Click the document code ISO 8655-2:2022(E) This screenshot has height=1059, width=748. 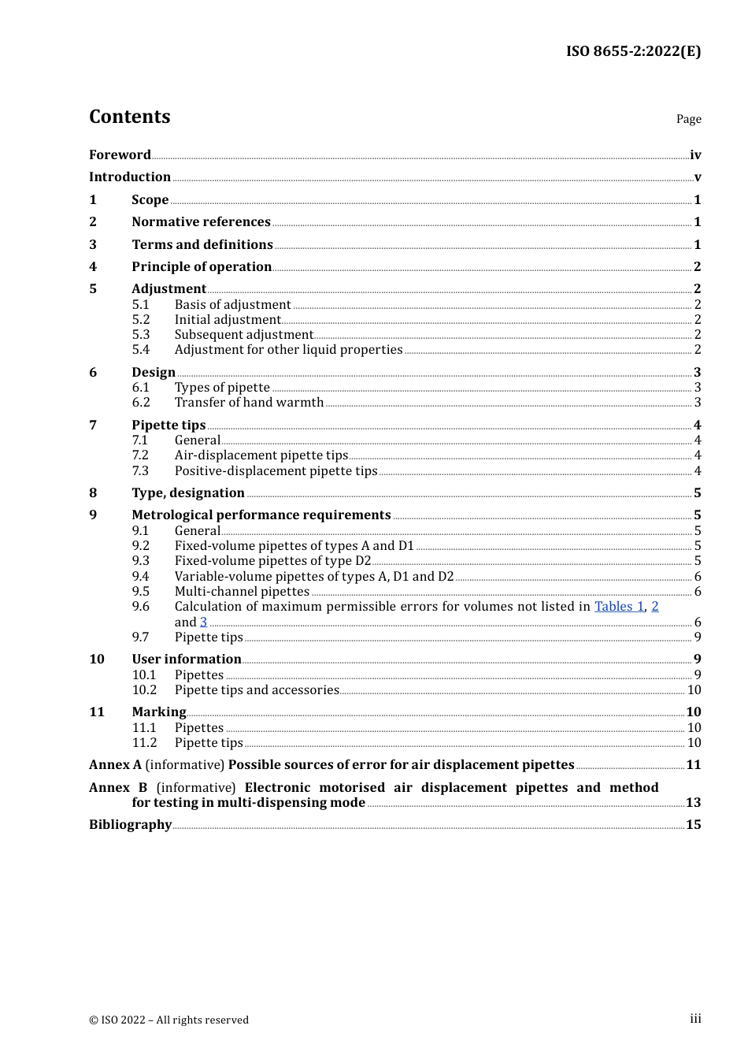pyautogui.click(x=633, y=51)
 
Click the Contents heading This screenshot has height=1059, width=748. pyautogui.click(x=129, y=117)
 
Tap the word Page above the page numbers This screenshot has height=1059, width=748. pyautogui.click(x=688, y=119)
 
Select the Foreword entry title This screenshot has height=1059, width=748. pyautogui.click(x=120, y=155)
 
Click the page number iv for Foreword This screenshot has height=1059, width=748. pyautogui.click(x=695, y=155)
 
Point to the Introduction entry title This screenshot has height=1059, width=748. pyautogui.click(x=130, y=177)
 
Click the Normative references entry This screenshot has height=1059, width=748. pyautogui.click(x=201, y=222)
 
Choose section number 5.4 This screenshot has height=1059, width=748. pyautogui.click(x=141, y=350)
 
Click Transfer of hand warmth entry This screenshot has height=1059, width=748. pyautogui.click(x=249, y=403)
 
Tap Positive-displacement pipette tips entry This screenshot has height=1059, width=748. pyautogui.click(x=276, y=471)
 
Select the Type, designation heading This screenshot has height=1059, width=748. pyautogui.click(x=188, y=493)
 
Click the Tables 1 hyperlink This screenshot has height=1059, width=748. pyautogui.click(x=619, y=607)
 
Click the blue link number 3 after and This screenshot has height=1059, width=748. pyautogui.click(x=203, y=622)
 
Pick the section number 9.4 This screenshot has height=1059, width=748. pyautogui.click(x=141, y=577)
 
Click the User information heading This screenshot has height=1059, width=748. pyautogui.click(x=187, y=660)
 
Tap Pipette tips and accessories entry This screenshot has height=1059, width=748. pyautogui.click(x=257, y=690)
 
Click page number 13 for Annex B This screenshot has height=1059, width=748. pyautogui.click(x=693, y=803)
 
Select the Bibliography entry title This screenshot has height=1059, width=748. pyautogui.click(x=130, y=825)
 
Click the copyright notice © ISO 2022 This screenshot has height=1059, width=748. pyautogui.click(x=168, y=1020)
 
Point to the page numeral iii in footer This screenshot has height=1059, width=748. pyautogui.click(x=695, y=1019)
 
